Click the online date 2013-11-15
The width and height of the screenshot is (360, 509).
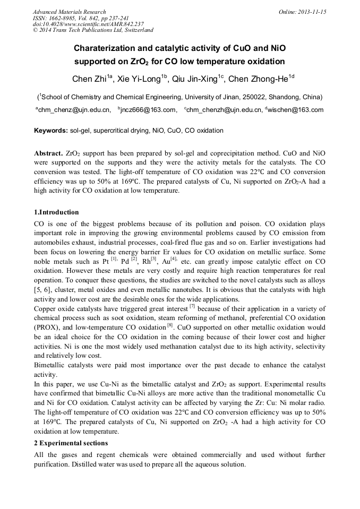[x=311, y=12]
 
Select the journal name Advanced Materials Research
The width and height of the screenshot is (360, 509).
[x=69, y=12]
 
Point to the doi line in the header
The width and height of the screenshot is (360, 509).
[x=88, y=24]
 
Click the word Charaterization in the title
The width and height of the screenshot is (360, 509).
[x=107, y=48]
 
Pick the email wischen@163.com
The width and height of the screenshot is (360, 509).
[x=296, y=110]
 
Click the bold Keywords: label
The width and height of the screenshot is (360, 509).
[x=51, y=131]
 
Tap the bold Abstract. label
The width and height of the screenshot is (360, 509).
[x=49, y=153]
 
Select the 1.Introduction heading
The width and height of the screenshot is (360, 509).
[x=56, y=212]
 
